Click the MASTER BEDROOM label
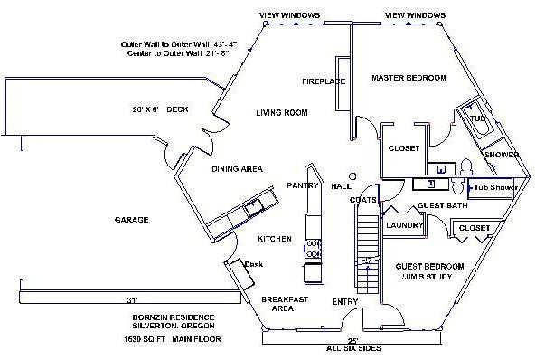click(x=409, y=78)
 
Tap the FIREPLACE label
click(x=324, y=81)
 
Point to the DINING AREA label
click(x=237, y=169)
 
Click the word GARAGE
click(x=131, y=220)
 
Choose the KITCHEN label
click(x=274, y=239)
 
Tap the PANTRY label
click(x=303, y=185)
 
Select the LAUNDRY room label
click(x=403, y=225)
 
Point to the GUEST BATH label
click(x=442, y=206)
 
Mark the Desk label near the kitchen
click(x=254, y=264)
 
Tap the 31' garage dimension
click(x=133, y=298)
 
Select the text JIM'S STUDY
click(x=430, y=279)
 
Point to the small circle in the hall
click(x=353, y=175)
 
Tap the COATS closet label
click(x=363, y=199)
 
